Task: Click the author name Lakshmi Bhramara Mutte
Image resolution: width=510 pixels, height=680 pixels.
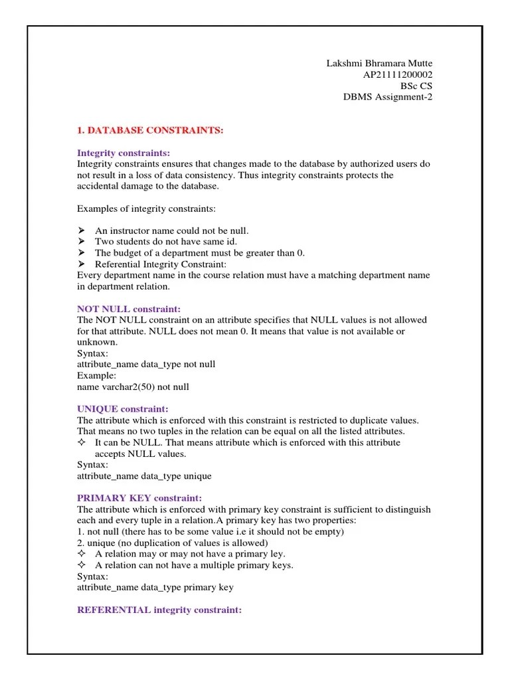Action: click(379, 63)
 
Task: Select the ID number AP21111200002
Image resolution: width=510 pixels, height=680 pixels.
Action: click(397, 74)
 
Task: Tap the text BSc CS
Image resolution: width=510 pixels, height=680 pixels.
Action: click(416, 86)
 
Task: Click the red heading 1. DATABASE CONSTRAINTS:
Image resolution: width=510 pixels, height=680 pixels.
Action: click(150, 131)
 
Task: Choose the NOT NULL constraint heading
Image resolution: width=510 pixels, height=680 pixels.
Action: click(129, 309)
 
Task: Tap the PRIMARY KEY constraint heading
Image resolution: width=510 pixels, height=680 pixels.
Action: click(139, 498)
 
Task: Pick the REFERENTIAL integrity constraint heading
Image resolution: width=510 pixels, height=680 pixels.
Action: click(159, 610)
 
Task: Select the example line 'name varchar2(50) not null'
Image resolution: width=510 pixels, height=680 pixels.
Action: click(137, 386)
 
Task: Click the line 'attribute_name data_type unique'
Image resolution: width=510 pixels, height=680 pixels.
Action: click(144, 476)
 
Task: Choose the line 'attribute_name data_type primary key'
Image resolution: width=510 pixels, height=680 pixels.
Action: click(155, 588)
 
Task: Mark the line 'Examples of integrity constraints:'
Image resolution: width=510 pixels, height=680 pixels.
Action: click(147, 209)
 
